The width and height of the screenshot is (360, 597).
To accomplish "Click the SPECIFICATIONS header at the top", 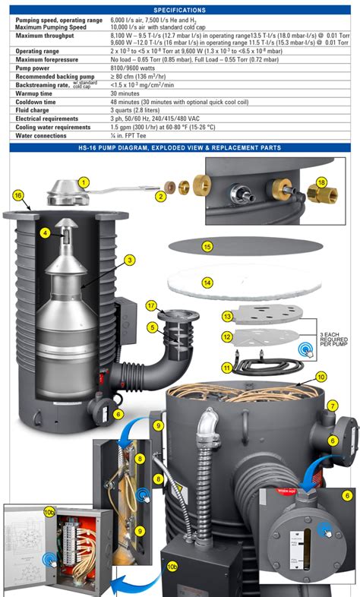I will pyautogui.click(x=179, y=10).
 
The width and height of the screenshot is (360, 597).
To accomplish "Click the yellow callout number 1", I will pyautogui.click(x=84, y=182).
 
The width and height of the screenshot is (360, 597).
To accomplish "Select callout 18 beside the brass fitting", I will pyautogui.click(x=322, y=183).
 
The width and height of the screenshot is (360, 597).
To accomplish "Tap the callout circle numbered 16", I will pyautogui.click(x=17, y=195).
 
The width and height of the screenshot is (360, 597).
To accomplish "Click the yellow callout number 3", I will pyautogui.click(x=131, y=260).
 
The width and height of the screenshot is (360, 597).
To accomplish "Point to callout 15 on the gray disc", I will pyautogui.click(x=207, y=247).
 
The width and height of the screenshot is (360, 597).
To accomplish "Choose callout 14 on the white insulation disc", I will pyautogui.click(x=207, y=283).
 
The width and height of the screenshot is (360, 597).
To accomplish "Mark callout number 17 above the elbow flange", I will pyautogui.click(x=150, y=305).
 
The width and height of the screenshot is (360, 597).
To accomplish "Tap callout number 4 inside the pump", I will pyautogui.click(x=46, y=232).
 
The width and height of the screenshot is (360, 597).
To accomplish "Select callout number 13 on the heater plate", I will pyautogui.click(x=226, y=315).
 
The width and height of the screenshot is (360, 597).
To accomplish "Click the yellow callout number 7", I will pyautogui.click(x=333, y=406).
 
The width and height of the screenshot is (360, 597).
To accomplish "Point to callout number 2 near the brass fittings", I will pyautogui.click(x=161, y=197).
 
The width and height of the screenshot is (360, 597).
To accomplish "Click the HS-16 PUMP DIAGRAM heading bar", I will pyautogui.click(x=179, y=147).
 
